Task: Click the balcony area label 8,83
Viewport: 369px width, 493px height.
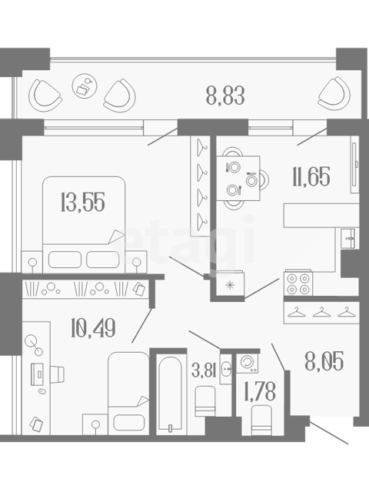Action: tap(225, 96)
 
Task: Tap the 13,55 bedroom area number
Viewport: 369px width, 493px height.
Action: tap(83, 202)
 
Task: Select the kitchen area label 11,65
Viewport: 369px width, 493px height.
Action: tap(311, 176)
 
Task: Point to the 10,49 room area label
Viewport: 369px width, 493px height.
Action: tap(93, 327)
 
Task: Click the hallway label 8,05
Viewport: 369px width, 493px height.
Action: tap(324, 361)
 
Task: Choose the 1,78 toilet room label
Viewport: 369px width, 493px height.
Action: tap(260, 391)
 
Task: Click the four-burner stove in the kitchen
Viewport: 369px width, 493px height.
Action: tap(298, 283)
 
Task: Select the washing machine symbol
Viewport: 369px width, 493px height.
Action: tap(247, 363)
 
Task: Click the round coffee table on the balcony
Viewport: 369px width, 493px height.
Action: tap(85, 86)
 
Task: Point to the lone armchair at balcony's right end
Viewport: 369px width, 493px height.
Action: tap(334, 94)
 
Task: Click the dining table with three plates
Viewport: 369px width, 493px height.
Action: tap(238, 178)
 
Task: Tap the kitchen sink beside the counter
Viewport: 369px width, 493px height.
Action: tap(348, 238)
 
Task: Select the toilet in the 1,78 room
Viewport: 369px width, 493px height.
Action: tap(261, 420)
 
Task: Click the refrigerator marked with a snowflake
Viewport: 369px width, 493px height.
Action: tap(231, 284)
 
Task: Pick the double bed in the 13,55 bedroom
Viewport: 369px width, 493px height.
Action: tap(84, 224)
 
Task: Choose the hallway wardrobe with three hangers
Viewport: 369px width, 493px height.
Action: tap(321, 313)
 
